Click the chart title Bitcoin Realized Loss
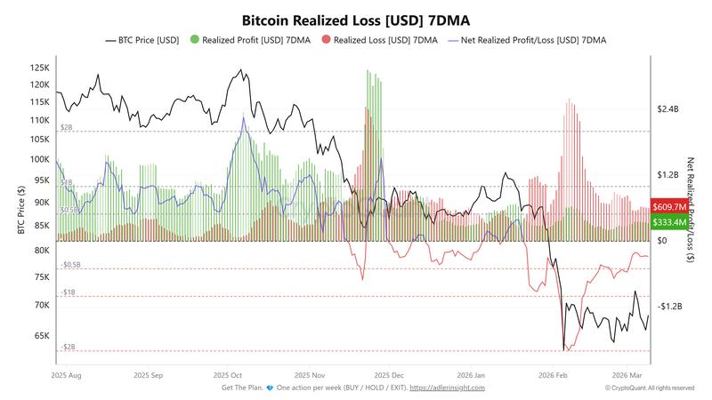tap(356, 19)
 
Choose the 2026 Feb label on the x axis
tap(553, 376)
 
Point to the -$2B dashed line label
tap(67, 346)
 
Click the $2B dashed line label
tap(67, 127)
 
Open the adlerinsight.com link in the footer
tap(447, 388)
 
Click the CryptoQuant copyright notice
tap(650, 388)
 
